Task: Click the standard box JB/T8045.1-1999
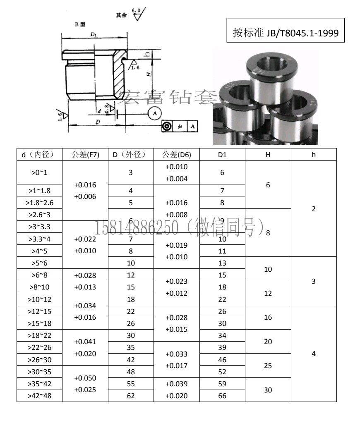coord(286,30)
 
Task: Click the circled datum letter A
coord(155,113)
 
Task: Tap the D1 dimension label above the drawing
coord(93,34)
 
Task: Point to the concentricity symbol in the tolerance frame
coord(167,126)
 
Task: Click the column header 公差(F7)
coord(85,155)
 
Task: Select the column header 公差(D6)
coord(177,155)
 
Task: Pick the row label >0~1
coord(39,172)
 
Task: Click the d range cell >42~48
coord(39,396)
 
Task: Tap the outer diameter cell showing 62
coord(131,396)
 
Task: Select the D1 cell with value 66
coord(222,396)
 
